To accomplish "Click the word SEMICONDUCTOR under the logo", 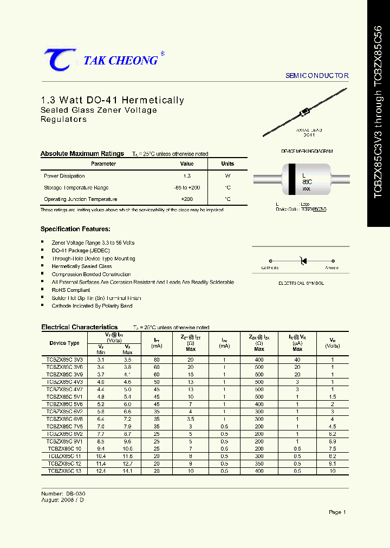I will [317, 76].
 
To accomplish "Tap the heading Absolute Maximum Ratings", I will [82, 154].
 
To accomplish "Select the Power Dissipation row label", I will [64, 176].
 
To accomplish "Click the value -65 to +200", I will [187, 188].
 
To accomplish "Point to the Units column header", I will [227, 164].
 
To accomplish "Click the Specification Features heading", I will [75, 229].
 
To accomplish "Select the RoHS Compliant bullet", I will [71, 290].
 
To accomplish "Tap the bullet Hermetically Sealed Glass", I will [82, 266].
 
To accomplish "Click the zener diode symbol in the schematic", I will [303, 261].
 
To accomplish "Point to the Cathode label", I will [270, 268].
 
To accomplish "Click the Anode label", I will [331, 268].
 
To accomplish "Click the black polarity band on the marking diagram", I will [292, 179].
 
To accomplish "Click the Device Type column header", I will [64, 343].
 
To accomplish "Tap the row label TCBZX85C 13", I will [64, 471].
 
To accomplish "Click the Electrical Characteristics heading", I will [80, 327].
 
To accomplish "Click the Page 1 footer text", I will [337, 512].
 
